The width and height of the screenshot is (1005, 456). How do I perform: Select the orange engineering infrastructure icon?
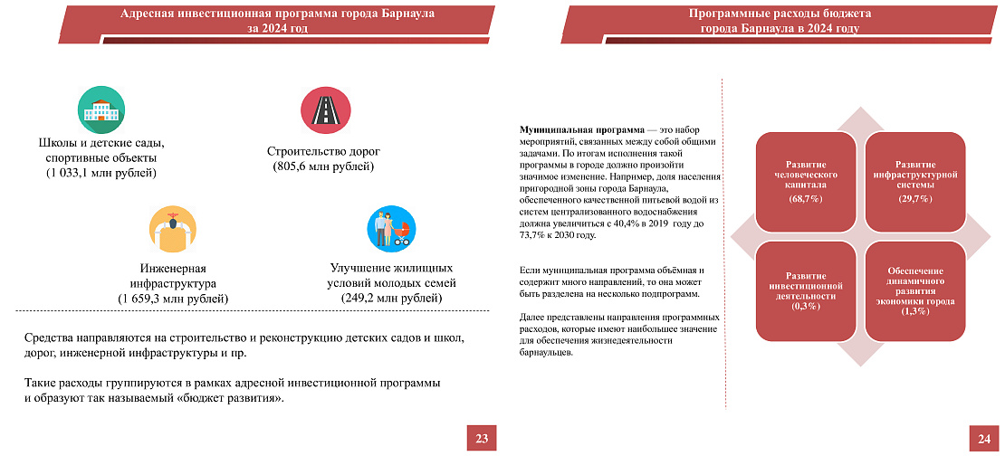coord(172,230)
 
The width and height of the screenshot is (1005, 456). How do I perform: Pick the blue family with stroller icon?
coord(391,228)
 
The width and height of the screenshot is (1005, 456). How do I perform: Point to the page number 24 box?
coord(984,439)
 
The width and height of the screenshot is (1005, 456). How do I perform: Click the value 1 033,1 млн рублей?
coord(101,172)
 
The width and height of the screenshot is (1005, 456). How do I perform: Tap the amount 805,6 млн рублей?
coord(324,166)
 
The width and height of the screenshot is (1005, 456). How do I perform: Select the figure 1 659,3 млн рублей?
coord(173,298)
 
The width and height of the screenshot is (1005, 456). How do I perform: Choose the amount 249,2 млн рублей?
coord(392,298)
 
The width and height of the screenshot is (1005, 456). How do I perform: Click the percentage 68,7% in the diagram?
coord(805,198)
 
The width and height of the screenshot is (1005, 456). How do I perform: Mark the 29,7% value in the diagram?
coord(915,198)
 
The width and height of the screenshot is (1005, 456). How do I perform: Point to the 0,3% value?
coord(805,306)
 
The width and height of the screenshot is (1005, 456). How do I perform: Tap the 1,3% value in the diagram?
coord(915,311)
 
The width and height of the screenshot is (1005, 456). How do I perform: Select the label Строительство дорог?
coord(323,151)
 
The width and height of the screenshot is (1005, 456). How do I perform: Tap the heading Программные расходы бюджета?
coord(780,14)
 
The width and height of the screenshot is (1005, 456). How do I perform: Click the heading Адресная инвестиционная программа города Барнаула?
coord(278,14)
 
